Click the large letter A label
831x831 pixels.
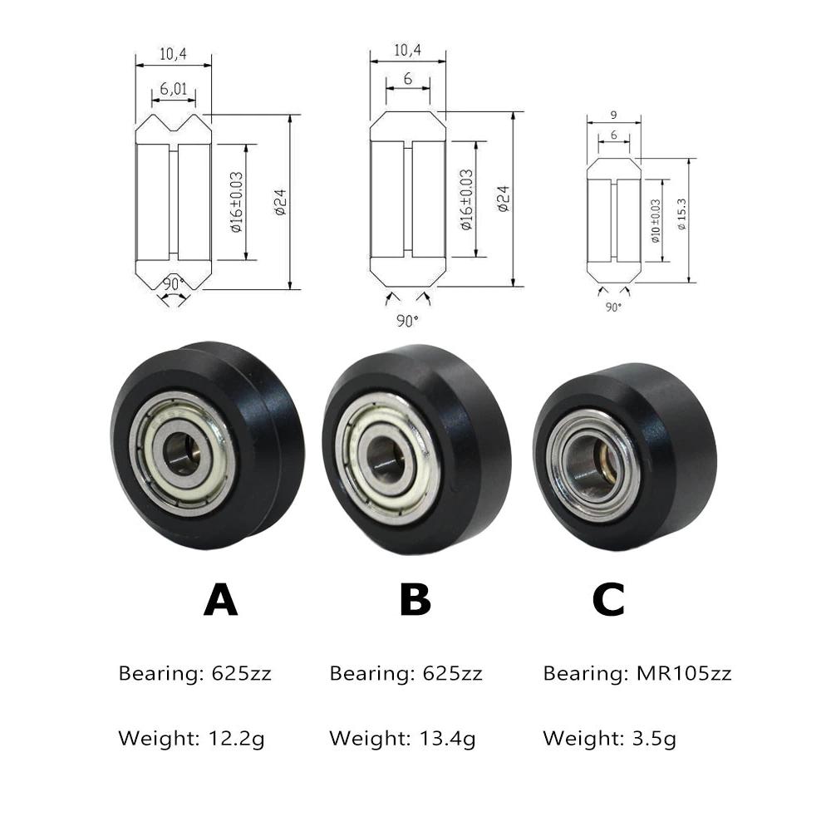(x=221, y=599)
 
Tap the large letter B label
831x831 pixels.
(x=415, y=599)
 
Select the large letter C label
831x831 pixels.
(x=608, y=599)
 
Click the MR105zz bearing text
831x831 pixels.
(x=684, y=674)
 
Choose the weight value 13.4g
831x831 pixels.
(x=448, y=739)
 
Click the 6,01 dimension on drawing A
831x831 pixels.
(x=174, y=89)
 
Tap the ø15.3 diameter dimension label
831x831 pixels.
(x=682, y=214)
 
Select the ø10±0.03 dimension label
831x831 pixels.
(x=656, y=221)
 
